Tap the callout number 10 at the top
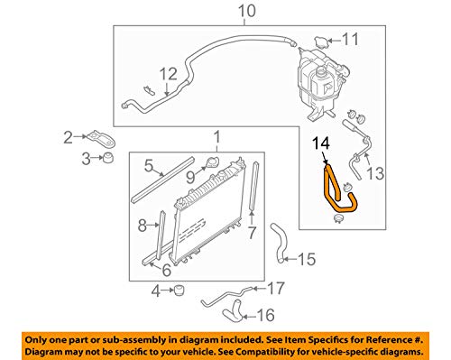point(247,11)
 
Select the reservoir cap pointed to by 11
point(320,42)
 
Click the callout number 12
point(168,74)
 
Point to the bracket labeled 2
point(101,139)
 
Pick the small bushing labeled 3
point(108,158)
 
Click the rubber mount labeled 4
point(179,291)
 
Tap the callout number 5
point(150,165)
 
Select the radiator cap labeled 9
point(213,162)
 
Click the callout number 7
point(252,233)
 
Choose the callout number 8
point(143,225)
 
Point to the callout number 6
point(166,270)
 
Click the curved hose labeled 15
point(279,243)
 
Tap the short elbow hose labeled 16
point(234,314)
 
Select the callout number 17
point(275,289)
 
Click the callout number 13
point(375,173)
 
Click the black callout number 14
point(321,143)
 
